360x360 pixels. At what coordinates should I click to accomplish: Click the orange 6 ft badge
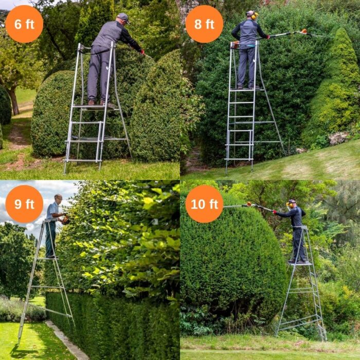click(24, 24)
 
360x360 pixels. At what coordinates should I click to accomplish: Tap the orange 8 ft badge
click(204, 24)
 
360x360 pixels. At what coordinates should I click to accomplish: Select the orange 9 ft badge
click(24, 204)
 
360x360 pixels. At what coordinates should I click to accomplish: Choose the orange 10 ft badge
click(204, 204)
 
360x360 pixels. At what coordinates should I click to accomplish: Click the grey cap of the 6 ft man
click(123, 17)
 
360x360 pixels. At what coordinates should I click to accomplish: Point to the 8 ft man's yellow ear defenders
click(254, 15)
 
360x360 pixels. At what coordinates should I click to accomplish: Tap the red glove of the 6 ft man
click(143, 52)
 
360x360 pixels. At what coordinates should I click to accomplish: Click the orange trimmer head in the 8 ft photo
click(303, 31)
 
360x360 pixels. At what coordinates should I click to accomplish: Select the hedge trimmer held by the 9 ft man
click(65, 220)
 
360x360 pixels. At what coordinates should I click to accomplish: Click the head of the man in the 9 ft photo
click(58, 199)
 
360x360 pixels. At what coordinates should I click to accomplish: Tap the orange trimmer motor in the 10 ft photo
click(249, 204)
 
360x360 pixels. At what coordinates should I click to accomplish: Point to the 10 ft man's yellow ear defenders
click(287, 204)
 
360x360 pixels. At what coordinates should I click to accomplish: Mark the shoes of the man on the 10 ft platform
click(297, 261)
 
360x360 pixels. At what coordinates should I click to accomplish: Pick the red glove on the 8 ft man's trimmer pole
click(267, 37)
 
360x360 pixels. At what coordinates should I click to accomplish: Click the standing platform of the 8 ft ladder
click(247, 89)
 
